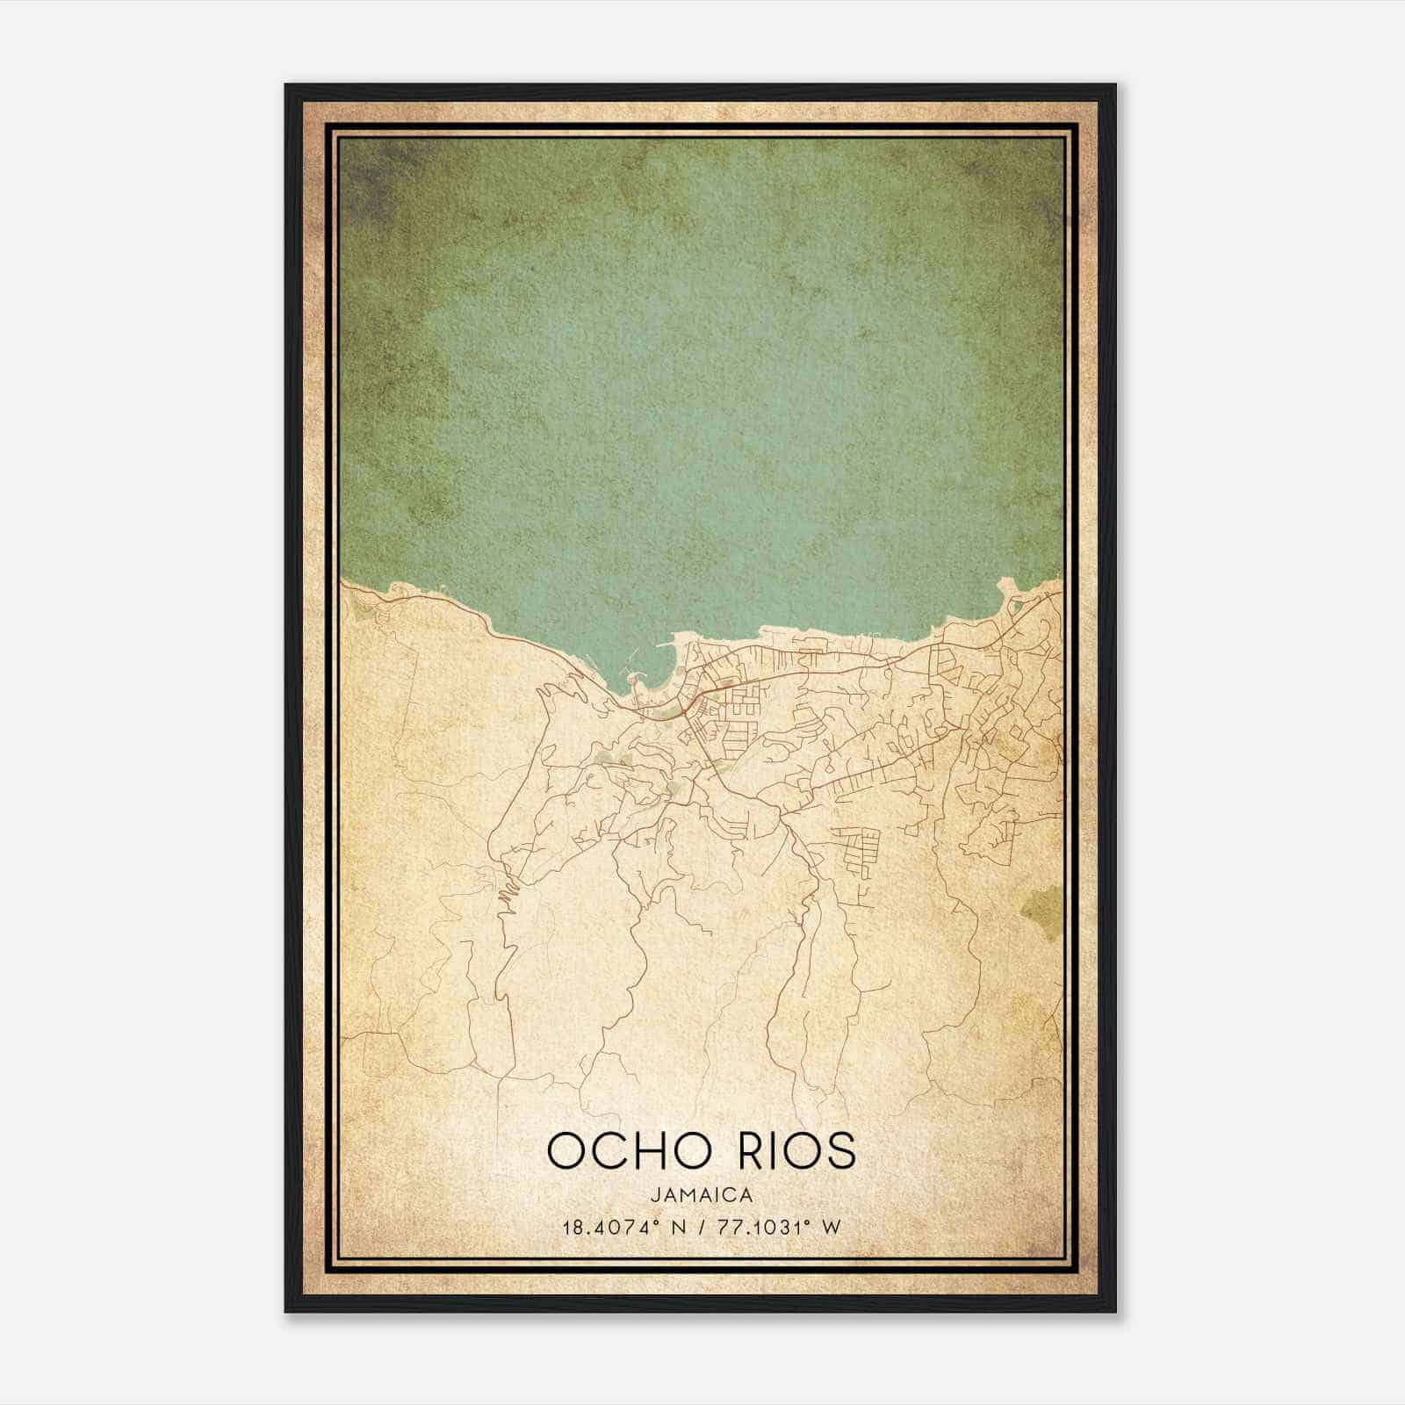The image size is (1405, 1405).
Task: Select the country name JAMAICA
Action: (702, 1195)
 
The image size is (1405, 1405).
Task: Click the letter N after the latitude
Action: (676, 1228)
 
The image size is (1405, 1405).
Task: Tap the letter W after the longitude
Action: (831, 1228)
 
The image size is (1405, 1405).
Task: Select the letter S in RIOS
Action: (839, 1150)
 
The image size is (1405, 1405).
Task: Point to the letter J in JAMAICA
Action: (655, 1195)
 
